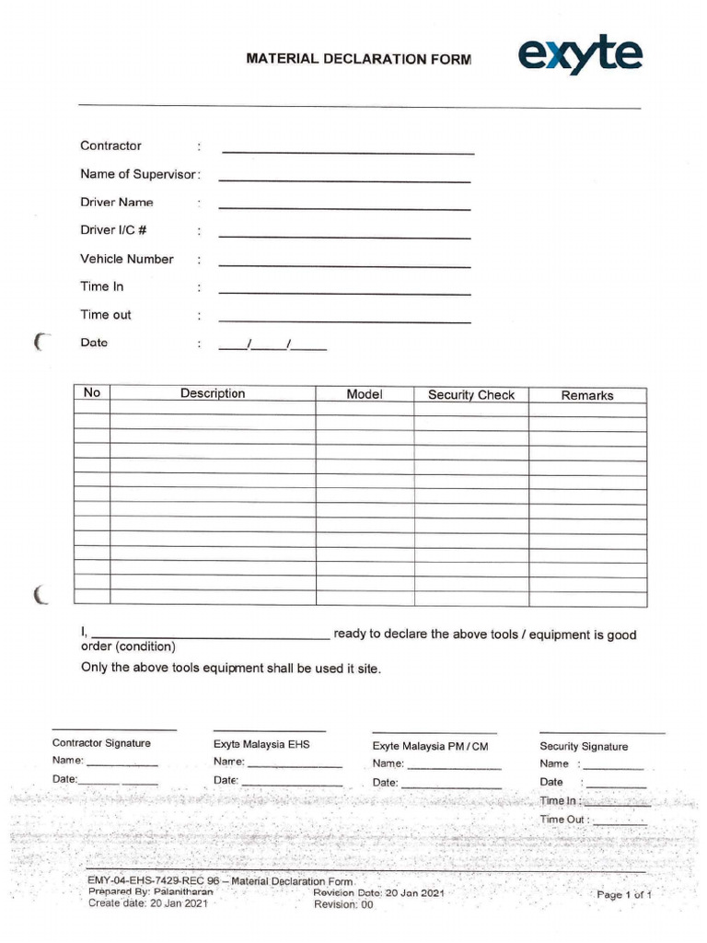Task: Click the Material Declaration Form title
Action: click(358, 59)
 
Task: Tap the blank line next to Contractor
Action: click(348, 150)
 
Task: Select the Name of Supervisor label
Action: click(138, 174)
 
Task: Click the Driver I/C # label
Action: click(113, 230)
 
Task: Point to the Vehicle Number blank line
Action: click(344, 264)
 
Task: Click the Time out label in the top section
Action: click(106, 315)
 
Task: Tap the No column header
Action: click(91, 393)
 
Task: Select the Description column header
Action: click(213, 393)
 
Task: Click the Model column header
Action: click(365, 394)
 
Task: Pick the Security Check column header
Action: click(471, 395)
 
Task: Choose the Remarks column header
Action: click(587, 395)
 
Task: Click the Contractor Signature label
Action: click(101, 743)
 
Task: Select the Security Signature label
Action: click(584, 746)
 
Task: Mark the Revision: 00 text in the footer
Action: click(343, 905)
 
